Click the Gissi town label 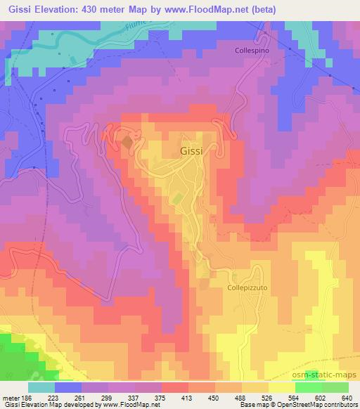[193, 151]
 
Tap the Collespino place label [252, 51]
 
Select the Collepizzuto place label [247, 287]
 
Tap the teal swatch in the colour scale [41, 387]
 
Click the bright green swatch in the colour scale [308, 387]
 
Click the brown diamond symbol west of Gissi [127, 143]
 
